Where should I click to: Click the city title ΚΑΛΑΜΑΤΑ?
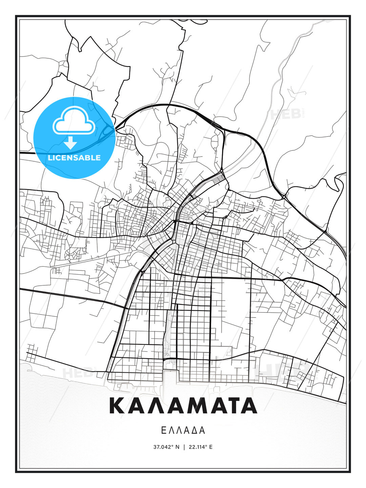183,406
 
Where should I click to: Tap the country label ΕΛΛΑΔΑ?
183,430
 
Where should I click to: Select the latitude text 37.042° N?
166,447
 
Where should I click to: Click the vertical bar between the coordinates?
184,447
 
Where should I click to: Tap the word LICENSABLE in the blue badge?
74,158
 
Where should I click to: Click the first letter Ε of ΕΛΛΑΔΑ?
163,430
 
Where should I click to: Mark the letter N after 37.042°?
177,447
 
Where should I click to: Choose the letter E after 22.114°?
211,447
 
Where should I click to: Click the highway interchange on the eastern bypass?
283,196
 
